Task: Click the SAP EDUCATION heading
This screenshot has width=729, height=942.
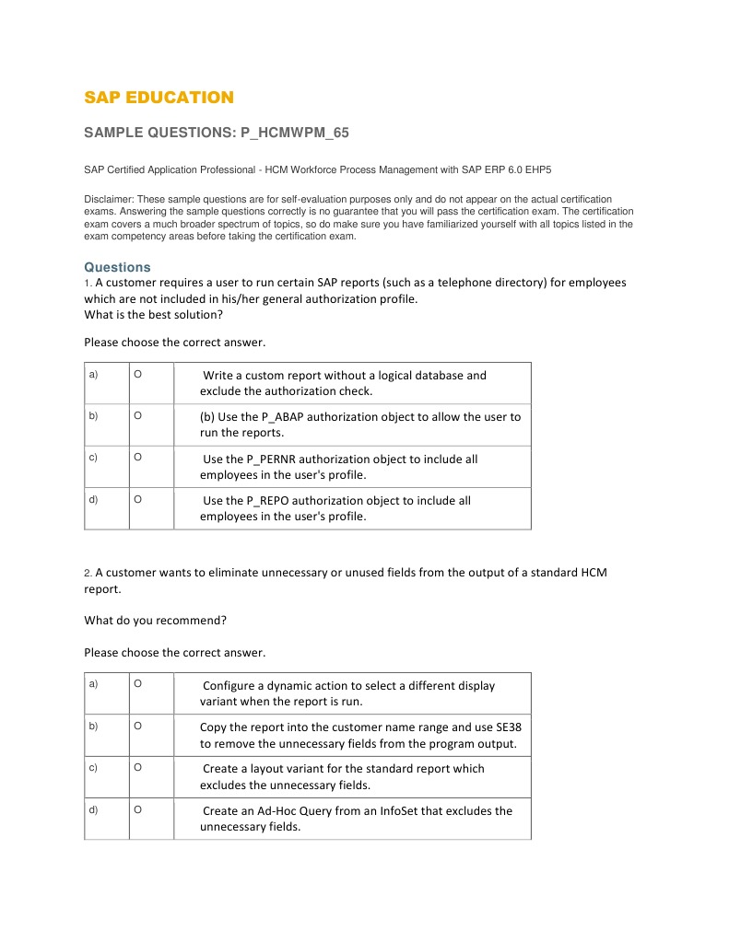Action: pyautogui.click(x=159, y=98)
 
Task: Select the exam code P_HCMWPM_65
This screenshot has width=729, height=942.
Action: pyautogui.click(x=294, y=134)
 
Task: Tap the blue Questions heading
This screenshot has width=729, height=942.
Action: pyautogui.click(x=117, y=267)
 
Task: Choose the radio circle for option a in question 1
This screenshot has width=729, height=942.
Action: pyautogui.click(x=137, y=375)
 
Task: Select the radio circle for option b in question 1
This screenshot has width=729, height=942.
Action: pyautogui.click(x=137, y=416)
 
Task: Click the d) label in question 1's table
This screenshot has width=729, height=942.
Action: pyautogui.click(x=93, y=500)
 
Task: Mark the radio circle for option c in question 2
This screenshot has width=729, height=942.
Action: pyautogui.click(x=137, y=768)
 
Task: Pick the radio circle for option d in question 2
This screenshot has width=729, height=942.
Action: pyautogui.click(x=137, y=810)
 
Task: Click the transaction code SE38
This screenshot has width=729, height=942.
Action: pyautogui.click(x=507, y=727)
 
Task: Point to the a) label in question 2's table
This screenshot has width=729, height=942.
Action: pyautogui.click(x=93, y=684)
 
